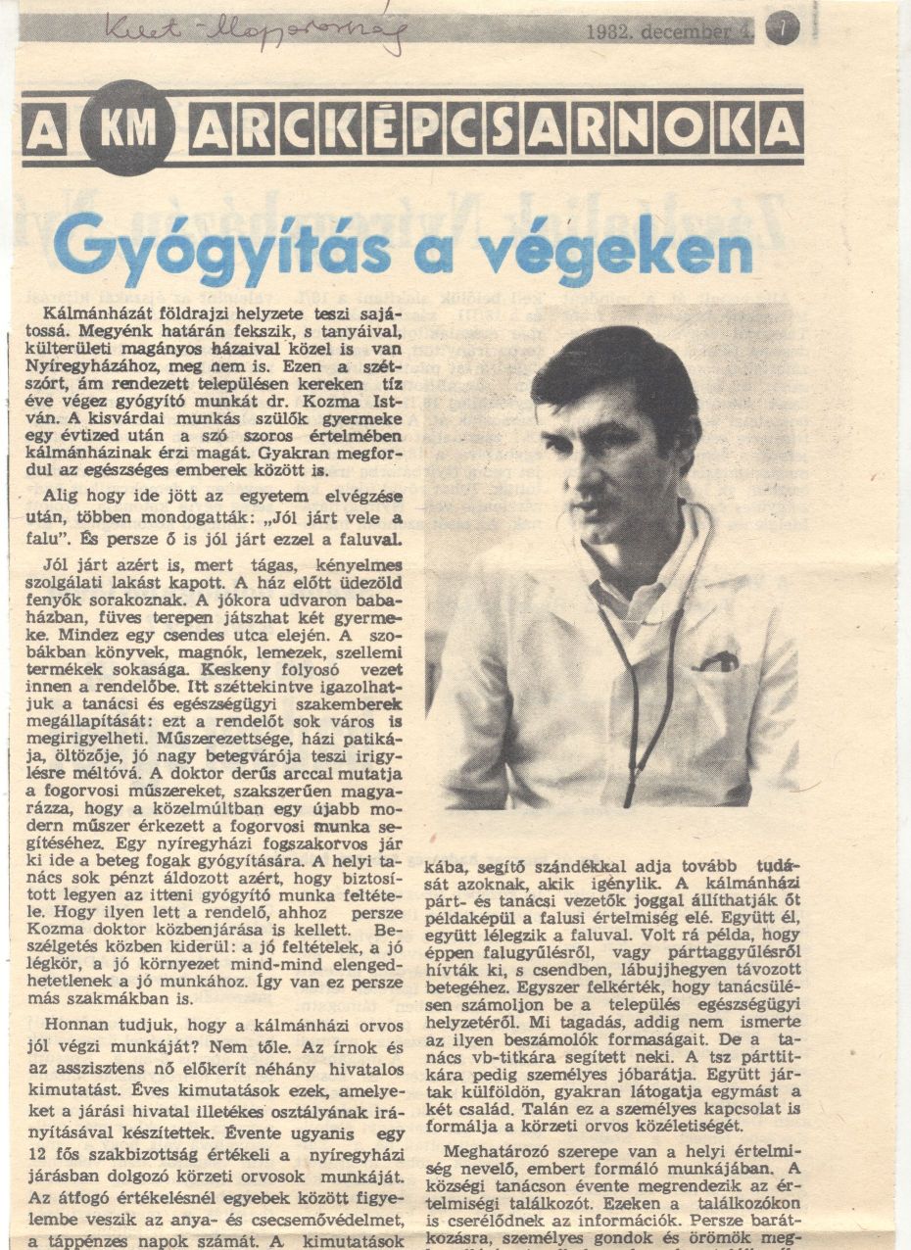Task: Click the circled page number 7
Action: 782,27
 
